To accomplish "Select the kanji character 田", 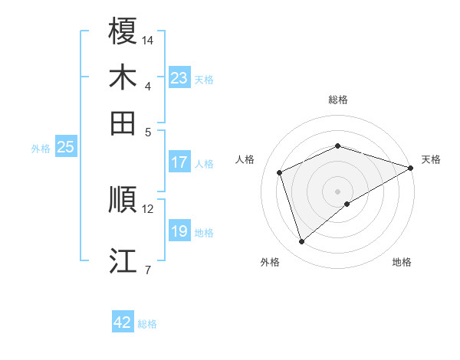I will [x=123, y=123].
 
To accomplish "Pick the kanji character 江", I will [x=123, y=260].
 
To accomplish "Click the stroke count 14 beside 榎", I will [x=148, y=39].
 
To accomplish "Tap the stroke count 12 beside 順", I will [x=148, y=208].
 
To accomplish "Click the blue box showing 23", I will [x=179, y=78].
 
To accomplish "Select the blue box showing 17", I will [x=179, y=162].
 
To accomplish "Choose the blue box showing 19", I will [x=179, y=231].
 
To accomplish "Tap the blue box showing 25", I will [x=65, y=147].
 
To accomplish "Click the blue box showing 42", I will [x=123, y=322].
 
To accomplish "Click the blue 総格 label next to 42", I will [x=147, y=324].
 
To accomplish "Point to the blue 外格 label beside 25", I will [x=41, y=149].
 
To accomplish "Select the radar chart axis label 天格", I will [x=431, y=159].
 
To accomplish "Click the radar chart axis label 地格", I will [x=402, y=262].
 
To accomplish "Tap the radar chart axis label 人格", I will [x=245, y=159].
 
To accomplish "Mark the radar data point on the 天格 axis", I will [x=411, y=168].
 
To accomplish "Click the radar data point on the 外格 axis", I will [x=301, y=242].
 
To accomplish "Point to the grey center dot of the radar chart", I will [x=337, y=191].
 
